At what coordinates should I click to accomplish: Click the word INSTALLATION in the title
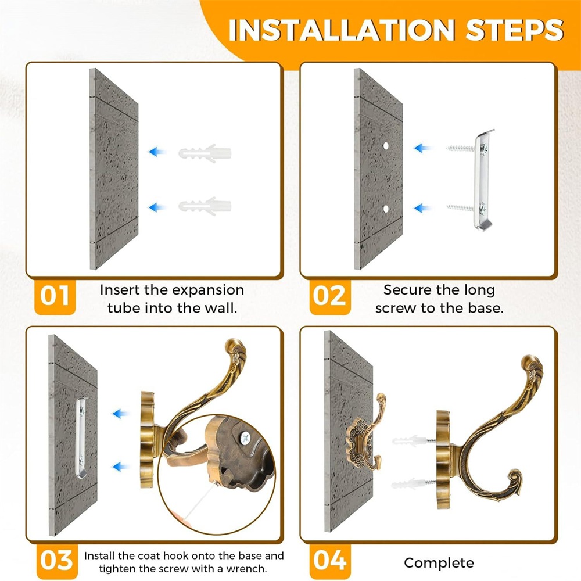[341, 30]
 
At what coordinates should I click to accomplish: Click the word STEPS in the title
[515, 30]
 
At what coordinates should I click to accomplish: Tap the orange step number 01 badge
[55, 296]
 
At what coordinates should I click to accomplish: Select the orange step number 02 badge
[329, 296]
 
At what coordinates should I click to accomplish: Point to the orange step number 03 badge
[57, 561]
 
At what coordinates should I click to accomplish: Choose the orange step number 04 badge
[330, 561]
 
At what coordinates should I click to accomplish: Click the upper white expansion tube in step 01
[205, 153]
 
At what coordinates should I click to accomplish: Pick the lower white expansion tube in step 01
[205, 206]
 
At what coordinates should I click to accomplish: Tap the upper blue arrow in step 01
[157, 152]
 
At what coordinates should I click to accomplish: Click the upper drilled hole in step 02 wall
[386, 146]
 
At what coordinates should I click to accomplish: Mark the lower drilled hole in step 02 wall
[386, 209]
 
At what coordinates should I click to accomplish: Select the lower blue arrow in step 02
[422, 208]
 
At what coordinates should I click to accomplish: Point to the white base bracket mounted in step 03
[80, 438]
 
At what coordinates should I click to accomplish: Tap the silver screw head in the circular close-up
[245, 439]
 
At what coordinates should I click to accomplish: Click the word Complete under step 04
[439, 563]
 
